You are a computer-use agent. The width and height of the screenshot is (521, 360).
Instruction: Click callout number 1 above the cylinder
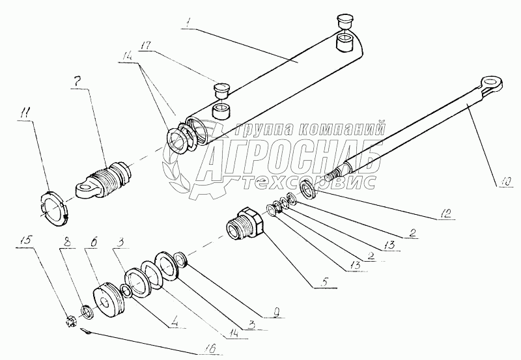188,23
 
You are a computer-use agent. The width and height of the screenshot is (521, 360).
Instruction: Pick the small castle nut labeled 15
71,322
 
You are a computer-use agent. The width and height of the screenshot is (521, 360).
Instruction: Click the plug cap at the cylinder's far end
343,20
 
